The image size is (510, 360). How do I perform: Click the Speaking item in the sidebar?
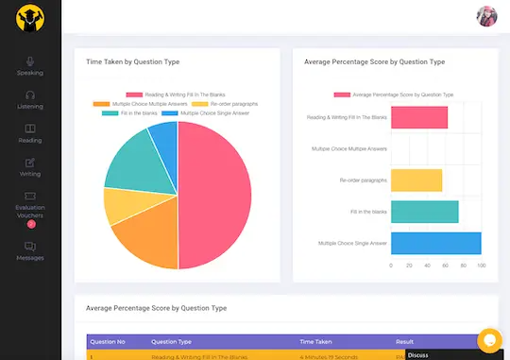(x=30, y=65)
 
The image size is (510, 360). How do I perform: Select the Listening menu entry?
(x=30, y=99)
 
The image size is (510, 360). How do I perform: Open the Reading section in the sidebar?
(x=30, y=133)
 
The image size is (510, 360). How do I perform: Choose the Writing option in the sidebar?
(x=30, y=167)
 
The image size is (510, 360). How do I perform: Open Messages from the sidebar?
(x=30, y=250)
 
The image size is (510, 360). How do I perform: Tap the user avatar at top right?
(x=486, y=16)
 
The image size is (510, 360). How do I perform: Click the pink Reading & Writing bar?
(x=418, y=117)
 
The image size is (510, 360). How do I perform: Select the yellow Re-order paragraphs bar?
(x=416, y=180)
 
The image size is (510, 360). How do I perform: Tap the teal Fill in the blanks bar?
(x=424, y=212)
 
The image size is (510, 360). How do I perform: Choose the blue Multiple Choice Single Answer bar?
(x=435, y=244)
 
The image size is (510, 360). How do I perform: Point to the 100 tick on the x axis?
(x=481, y=266)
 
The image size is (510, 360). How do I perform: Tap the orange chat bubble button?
(x=489, y=339)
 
